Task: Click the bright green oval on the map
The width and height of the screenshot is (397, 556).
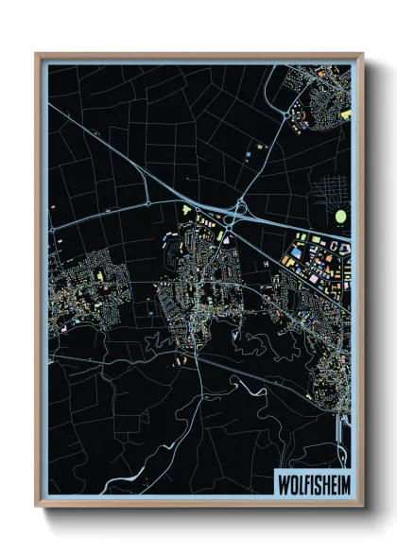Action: [340, 217]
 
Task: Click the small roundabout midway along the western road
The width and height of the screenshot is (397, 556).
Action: [147, 202]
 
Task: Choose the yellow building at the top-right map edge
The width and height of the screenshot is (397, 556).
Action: [346, 113]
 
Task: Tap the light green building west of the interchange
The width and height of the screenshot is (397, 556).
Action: [186, 209]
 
